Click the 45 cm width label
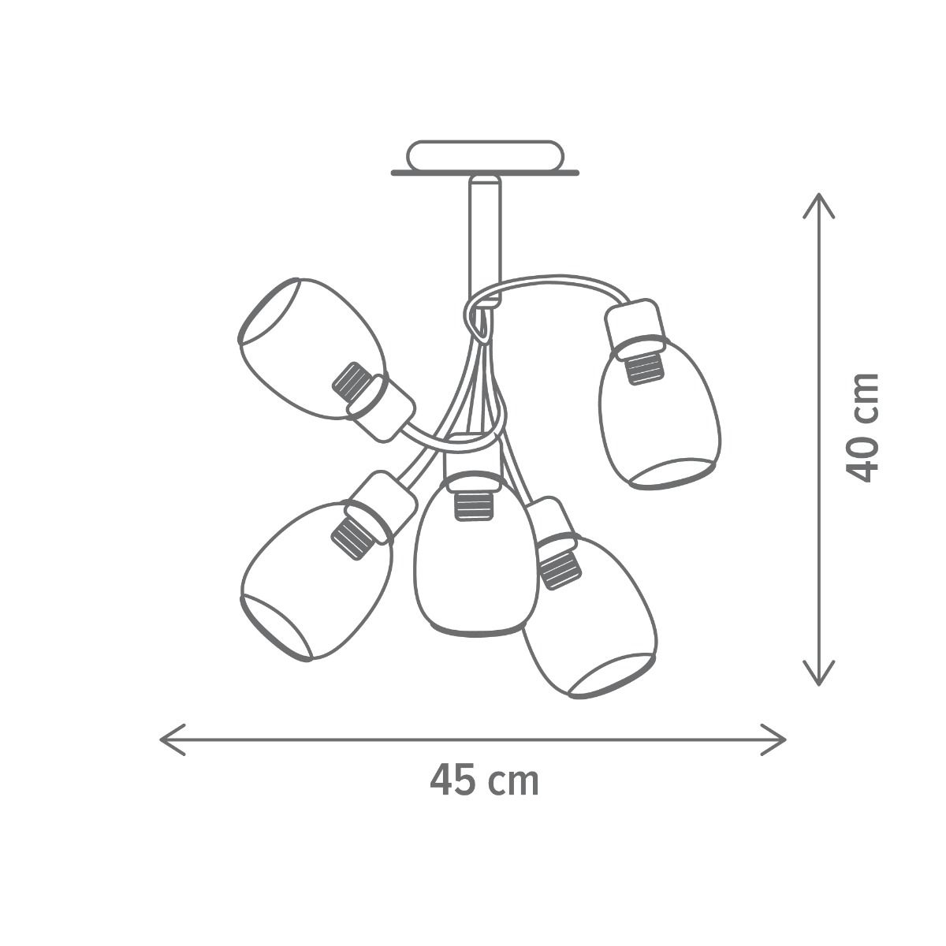click(484, 780)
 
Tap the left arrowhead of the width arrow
click(172, 739)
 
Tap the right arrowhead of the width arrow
click(774, 739)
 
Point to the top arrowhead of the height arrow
click(818, 205)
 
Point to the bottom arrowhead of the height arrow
click(818, 672)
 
